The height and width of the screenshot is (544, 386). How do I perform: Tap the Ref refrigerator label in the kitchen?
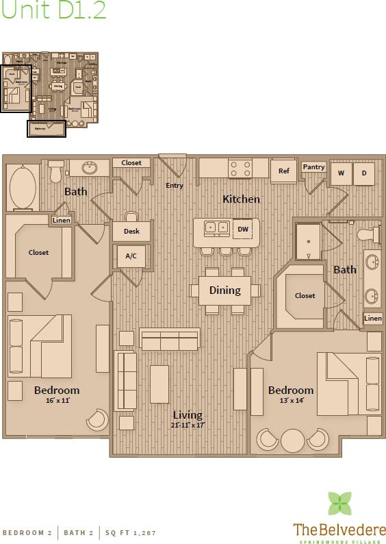coord(283,171)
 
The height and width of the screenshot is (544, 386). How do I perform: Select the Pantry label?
coord(313,167)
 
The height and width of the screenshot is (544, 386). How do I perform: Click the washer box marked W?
coord(340,173)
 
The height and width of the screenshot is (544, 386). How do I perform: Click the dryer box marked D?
coord(364,173)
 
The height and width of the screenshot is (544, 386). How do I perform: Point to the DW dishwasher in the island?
coord(243,228)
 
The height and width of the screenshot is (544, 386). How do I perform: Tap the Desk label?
coord(131,232)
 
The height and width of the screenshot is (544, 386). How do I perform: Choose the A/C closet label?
coord(131,256)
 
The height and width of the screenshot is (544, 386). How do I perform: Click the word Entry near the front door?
coord(175,186)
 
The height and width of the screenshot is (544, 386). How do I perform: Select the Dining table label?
coord(224,290)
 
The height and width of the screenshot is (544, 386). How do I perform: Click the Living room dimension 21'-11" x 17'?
coord(187,425)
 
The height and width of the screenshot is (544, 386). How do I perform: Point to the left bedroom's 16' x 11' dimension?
coord(57,401)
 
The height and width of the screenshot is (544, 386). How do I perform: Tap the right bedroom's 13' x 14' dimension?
coord(291,401)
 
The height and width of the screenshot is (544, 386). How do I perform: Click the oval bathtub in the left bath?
coord(23,186)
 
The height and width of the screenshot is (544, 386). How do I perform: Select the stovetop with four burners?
coord(240,168)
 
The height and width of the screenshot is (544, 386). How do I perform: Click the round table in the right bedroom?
coord(293,440)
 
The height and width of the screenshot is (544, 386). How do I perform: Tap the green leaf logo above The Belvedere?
coord(339,504)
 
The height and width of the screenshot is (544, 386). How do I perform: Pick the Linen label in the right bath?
coord(373,319)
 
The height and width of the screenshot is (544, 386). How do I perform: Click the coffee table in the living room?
coord(159,384)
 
